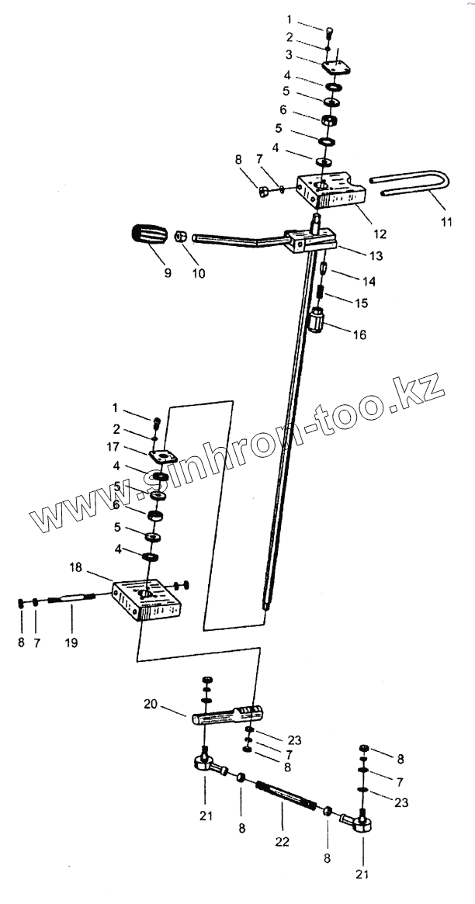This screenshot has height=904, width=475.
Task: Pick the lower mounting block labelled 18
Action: pos(147,600)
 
